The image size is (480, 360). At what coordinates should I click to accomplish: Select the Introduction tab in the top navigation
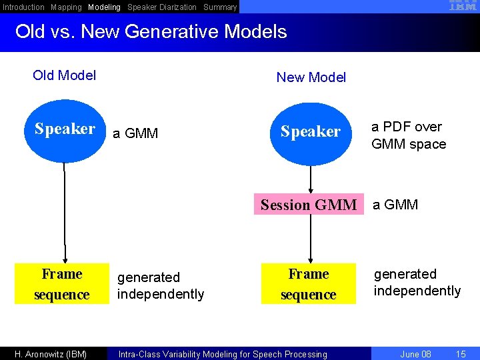pyautogui.click(x=23, y=7)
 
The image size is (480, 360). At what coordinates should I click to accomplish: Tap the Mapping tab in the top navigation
pyautogui.click(x=66, y=7)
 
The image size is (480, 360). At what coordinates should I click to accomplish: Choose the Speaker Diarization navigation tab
pyautogui.click(x=162, y=7)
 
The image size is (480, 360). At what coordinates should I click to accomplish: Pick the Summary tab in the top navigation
pyautogui.click(x=220, y=7)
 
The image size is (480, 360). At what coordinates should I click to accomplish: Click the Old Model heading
pyautogui.click(x=64, y=75)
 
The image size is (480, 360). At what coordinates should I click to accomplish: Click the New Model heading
pyautogui.click(x=311, y=77)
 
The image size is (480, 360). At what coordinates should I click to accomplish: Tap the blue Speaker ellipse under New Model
pyautogui.click(x=310, y=132)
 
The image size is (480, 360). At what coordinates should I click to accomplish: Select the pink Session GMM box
pyautogui.click(x=309, y=205)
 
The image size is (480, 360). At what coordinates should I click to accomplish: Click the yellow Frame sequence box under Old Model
pyautogui.click(x=61, y=284)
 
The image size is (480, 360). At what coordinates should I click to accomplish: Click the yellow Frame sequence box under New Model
pyautogui.click(x=308, y=284)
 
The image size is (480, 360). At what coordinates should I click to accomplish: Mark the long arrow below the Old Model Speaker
pyautogui.click(x=65, y=213)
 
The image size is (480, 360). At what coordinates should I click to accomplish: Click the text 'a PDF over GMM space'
pyautogui.click(x=408, y=135)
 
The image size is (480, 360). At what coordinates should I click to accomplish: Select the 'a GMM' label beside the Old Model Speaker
pyautogui.click(x=135, y=133)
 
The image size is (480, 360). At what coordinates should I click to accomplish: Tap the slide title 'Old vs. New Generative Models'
pyautogui.click(x=151, y=32)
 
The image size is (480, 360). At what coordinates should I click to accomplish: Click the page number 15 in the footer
pyautogui.click(x=460, y=354)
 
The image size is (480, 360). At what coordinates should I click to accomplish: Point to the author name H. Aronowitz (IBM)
pyautogui.click(x=51, y=354)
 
